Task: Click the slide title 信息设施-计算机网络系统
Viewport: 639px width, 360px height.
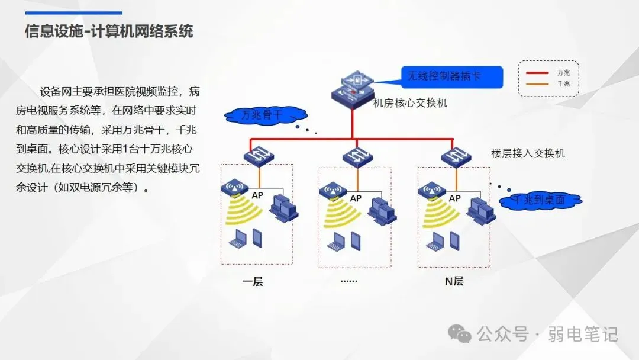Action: (109, 31)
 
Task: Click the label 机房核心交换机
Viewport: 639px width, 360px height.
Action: (410, 103)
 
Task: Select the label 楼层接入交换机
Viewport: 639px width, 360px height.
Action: (528, 153)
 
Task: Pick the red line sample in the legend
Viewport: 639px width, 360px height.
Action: (538, 73)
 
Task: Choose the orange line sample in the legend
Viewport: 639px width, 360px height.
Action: (538, 84)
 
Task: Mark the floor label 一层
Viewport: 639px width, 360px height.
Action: (253, 281)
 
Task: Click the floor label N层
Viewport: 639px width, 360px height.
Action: (454, 281)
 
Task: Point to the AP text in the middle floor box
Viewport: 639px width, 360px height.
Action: (355, 198)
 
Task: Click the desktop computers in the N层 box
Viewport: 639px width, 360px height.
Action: (481, 207)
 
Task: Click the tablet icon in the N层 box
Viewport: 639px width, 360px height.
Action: (454, 239)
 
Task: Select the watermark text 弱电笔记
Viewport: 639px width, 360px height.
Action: (584, 335)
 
